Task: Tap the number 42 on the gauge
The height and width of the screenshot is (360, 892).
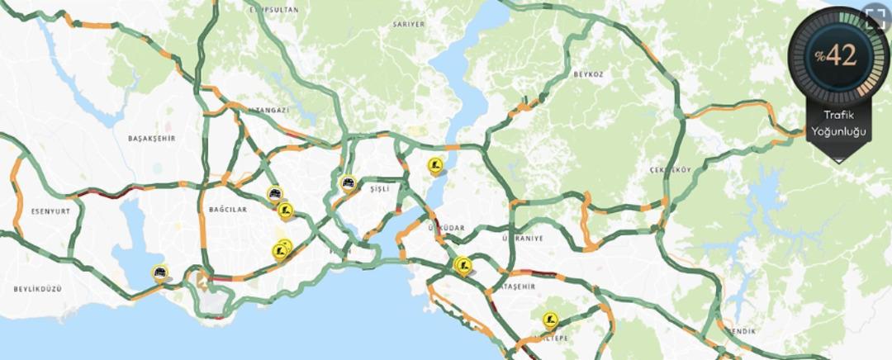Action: tap(841, 55)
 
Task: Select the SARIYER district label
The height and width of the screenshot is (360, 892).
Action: tap(409, 25)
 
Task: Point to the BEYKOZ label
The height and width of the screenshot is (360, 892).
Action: tap(588, 74)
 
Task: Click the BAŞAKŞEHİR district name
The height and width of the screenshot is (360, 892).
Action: tap(152, 138)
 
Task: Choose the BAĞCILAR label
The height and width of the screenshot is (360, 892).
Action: tap(228, 210)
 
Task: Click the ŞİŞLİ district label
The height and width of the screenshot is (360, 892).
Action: tap(379, 189)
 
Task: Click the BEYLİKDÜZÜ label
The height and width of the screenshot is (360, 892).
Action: tap(38, 289)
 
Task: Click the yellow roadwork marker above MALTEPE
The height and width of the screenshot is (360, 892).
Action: tap(550, 320)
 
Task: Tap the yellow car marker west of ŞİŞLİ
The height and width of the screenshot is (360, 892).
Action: tap(349, 182)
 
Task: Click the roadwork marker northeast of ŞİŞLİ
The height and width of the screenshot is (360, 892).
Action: tap(436, 165)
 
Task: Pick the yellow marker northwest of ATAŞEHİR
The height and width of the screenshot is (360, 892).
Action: tap(462, 264)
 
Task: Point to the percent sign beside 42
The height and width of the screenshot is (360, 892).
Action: tap(820, 56)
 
